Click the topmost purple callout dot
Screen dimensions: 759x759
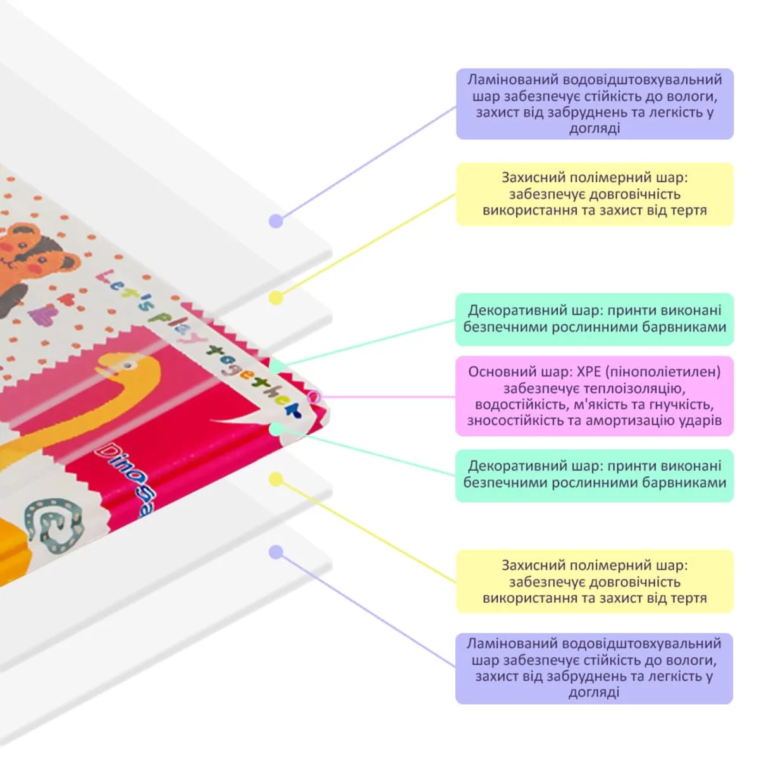click(x=276, y=221)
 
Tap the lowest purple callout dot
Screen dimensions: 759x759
click(x=276, y=552)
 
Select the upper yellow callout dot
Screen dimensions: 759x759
click(x=276, y=297)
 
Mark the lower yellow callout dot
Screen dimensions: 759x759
click(x=276, y=479)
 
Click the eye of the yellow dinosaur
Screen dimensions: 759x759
click(x=128, y=365)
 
